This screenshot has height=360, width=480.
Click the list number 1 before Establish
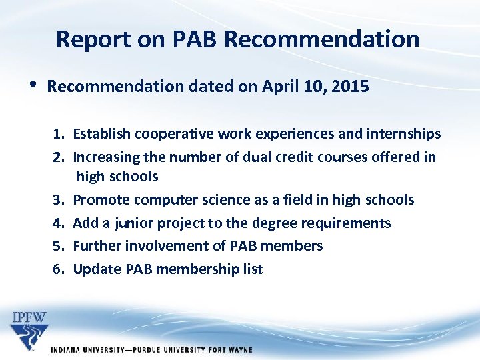[x=59, y=134]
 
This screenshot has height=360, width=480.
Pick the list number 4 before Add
[x=59, y=223]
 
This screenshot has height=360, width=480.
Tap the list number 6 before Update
[x=59, y=269]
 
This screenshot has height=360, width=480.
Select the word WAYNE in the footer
[x=238, y=350]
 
